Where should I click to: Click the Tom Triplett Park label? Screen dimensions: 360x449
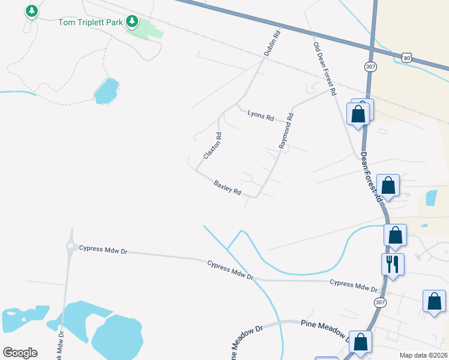tap(90, 23)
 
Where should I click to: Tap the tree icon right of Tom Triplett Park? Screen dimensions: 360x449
tap(132, 22)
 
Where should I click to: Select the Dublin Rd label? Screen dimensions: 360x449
tap(273, 44)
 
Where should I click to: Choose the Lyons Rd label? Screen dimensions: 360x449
tap(261, 114)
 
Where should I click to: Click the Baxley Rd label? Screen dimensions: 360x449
tap(228, 188)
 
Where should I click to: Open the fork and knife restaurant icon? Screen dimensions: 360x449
tap(393, 263)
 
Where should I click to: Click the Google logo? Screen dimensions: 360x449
tap(20, 353)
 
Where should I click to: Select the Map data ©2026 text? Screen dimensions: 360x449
tap(424, 355)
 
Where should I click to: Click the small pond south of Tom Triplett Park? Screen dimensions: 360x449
tap(106, 91)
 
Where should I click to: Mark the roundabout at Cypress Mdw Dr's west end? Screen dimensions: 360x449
tap(71, 246)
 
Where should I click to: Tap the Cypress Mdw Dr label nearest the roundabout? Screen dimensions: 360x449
tap(103, 250)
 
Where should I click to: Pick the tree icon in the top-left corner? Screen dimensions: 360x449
tap(32, 11)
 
